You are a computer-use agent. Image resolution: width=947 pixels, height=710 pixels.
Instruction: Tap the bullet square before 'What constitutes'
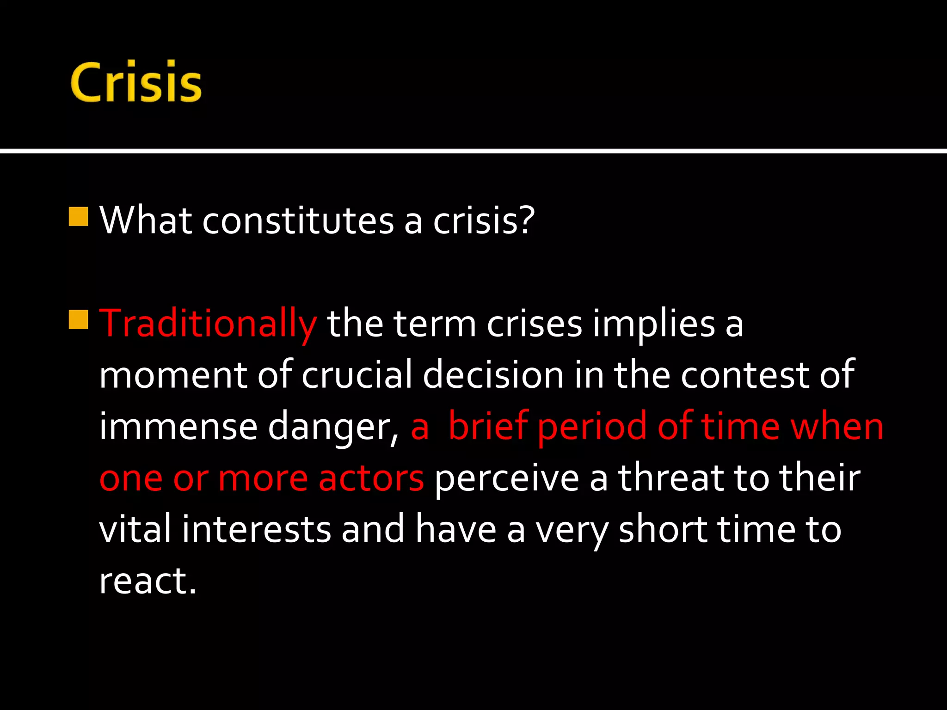(x=78, y=216)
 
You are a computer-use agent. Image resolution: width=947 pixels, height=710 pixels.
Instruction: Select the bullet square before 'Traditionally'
(x=78, y=319)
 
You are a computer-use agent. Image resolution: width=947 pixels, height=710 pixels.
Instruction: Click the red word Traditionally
(x=208, y=324)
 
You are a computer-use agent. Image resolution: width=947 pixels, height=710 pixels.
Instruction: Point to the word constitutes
(x=298, y=221)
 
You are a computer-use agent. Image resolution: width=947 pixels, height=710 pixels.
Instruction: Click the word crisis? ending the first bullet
(x=484, y=221)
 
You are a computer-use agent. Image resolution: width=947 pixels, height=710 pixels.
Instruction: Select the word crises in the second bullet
(x=534, y=324)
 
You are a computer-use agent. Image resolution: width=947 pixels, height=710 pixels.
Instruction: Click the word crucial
(x=357, y=374)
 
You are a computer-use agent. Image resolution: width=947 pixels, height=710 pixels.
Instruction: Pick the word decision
(x=493, y=374)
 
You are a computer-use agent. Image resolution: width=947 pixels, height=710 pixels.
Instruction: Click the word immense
(x=178, y=426)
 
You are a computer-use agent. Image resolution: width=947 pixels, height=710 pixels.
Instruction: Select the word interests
(x=256, y=529)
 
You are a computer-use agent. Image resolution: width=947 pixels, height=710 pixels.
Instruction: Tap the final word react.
(x=148, y=581)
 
